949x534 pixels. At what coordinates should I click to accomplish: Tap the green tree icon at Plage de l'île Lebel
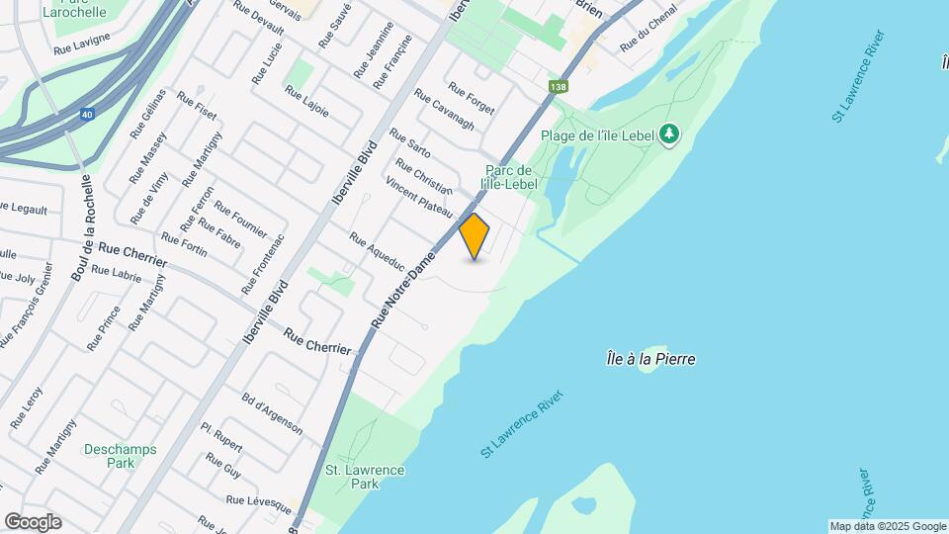point(670,133)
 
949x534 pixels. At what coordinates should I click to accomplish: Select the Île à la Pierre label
point(650,359)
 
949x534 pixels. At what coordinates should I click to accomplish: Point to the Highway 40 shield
point(88,114)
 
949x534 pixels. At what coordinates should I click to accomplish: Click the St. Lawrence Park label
point(365,478)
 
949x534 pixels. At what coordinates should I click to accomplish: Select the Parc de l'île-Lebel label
point(510,177)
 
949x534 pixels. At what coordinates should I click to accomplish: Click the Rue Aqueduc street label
point(377,251)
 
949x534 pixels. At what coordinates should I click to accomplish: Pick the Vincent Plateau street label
point(418,198)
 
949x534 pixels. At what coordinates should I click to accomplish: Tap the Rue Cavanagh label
point(444,111)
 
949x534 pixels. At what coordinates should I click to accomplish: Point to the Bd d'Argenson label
point(272,412)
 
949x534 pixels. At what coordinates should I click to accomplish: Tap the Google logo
point(33,522)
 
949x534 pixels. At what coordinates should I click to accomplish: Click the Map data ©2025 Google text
point(887,526)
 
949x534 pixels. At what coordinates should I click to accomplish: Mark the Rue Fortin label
point(184,244)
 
